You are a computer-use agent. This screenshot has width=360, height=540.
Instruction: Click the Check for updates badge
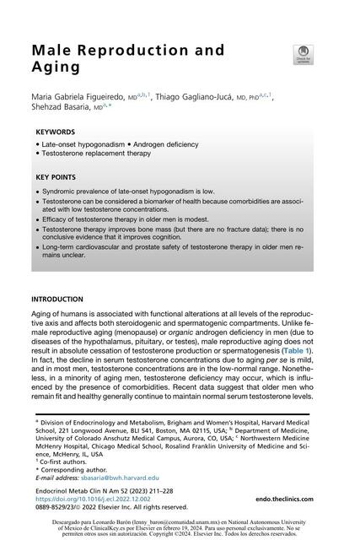[x=301, y=56]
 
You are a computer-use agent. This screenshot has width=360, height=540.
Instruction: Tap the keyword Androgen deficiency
[x=176, y=145]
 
